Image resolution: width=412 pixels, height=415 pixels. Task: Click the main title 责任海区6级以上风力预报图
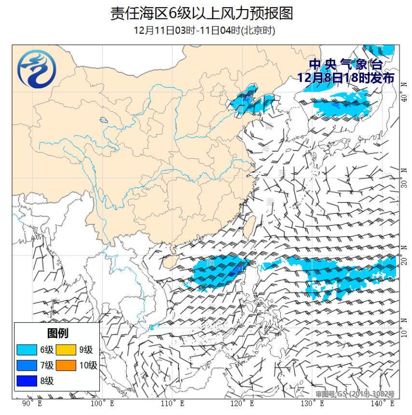[x=202, y=13]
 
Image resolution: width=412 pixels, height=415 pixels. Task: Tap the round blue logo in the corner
[x=37, y=70]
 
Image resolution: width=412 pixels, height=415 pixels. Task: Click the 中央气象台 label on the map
[x=345, y=64]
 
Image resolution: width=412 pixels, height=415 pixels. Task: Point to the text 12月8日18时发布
[x=345, y=77]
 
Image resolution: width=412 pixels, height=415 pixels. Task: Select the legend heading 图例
[x=57, y=333]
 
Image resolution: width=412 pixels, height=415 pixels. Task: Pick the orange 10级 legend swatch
[x=66, y=365]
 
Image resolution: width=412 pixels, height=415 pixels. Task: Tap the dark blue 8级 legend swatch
[x=26, y=381]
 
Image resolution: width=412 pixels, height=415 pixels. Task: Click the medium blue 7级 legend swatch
[x=26, y=365]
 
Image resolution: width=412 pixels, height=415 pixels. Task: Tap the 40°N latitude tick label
[x=404, y=98]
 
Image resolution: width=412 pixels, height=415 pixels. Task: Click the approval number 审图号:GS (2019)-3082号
[x=355, y=394]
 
